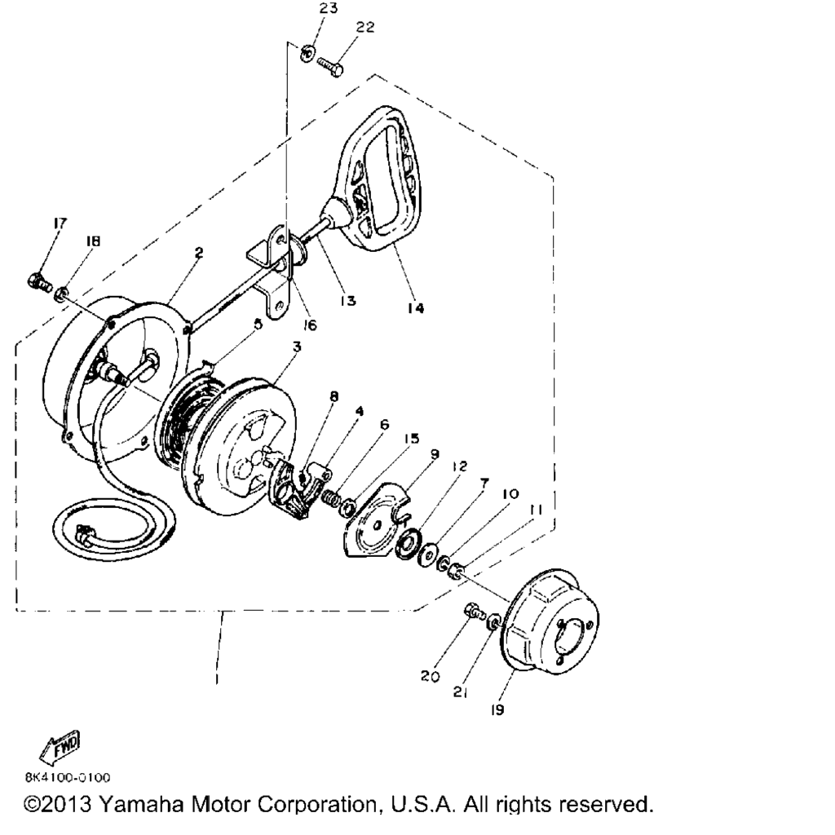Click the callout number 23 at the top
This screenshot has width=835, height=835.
coord(328,8)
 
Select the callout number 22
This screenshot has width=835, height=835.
coord(364,27)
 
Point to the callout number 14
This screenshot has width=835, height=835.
coord(415,307)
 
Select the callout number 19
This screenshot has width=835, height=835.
coord(497,710)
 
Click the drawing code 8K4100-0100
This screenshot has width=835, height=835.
coord(68,777)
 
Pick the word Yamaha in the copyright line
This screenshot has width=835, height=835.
coord(142,803)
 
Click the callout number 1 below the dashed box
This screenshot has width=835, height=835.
coord(217,680)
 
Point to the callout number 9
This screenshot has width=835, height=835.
coord(435,454)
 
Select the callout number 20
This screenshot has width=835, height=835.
coord(431,676)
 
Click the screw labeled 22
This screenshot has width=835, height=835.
coord(330,67)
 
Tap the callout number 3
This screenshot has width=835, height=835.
coord(297,347)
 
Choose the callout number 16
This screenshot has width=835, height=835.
coord(309,325)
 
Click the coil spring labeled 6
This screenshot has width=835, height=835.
coord(331,497)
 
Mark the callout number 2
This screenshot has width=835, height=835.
coord(199,253)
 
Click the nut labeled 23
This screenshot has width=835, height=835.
coord(307,53)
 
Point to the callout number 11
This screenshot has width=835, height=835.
coord(536,510)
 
